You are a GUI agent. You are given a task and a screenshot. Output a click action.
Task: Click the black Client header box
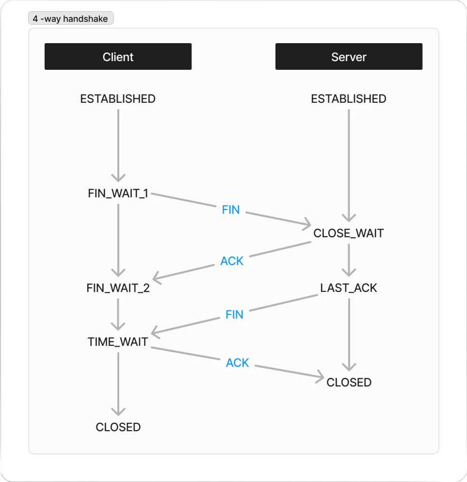tap(118, 57)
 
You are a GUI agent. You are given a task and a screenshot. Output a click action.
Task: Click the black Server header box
tap(349, 57)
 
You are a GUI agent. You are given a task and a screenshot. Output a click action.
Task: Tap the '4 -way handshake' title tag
tap(71, 18)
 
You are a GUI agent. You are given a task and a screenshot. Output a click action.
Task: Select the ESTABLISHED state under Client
tap(118, 99)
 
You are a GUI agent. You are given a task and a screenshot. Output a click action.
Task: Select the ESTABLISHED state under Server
tap(349, 99)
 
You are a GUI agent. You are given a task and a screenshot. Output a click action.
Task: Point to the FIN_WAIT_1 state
tap(118, 193)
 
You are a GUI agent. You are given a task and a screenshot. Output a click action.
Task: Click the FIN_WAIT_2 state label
tap(118, 288)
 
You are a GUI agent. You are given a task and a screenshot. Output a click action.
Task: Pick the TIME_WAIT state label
tap(118, 342)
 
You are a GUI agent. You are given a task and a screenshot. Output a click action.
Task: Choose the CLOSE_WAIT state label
tap(349, 233)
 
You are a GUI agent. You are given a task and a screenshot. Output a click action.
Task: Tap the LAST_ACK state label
tap(349, 288)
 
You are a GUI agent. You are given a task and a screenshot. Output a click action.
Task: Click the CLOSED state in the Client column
tap(118, 427)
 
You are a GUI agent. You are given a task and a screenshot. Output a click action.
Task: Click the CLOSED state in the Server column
tap(349, 383)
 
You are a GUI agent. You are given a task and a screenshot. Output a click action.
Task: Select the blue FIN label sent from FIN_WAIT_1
tap(231, 210)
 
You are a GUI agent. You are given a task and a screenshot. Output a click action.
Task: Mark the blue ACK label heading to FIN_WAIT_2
tap(232, 261)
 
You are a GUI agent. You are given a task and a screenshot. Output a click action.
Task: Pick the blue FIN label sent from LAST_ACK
tap(234, 315)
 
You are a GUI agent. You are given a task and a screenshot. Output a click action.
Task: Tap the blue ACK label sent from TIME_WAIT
tap(237, 363)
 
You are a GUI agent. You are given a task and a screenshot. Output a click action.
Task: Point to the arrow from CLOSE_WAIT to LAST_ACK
tap(349, 260)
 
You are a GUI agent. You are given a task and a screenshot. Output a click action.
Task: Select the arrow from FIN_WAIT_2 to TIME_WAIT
tap(118, 315)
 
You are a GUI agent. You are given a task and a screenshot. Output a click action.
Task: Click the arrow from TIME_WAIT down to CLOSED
tap(118, 384)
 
